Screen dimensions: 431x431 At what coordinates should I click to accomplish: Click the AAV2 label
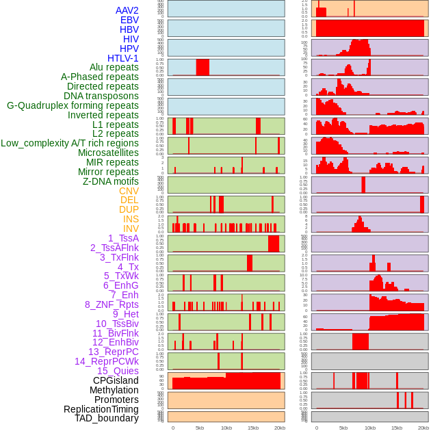tap(127, 10)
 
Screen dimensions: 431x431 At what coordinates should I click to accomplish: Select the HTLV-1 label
tap(122, 58)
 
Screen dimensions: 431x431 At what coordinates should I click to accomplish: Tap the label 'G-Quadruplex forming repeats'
tap(73, 105)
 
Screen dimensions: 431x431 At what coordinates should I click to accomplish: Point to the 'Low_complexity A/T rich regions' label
tap(70, 143)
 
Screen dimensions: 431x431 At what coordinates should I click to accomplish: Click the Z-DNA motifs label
tap(111, 181)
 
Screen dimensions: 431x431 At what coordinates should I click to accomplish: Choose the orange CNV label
tap(129, 191)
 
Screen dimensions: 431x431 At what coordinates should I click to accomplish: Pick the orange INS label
tap(131, 219)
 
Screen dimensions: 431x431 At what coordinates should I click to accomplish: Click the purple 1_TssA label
tap(123, 238)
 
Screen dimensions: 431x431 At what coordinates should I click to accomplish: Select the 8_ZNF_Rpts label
tap(112, 304)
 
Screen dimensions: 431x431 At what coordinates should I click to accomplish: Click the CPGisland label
tap(116, 380)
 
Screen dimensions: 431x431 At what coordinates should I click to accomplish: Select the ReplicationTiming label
tap(101, 409)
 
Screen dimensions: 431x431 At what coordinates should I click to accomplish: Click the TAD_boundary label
tap(107, 418)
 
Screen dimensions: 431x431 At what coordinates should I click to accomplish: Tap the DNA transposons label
tap(101, 96)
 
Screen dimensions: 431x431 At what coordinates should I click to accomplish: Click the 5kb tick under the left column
tap(200, 428)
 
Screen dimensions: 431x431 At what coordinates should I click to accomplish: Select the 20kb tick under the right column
tap(423, 428)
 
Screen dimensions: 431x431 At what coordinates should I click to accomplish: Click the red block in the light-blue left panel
tap(203, 67)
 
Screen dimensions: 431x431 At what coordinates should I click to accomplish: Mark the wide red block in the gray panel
tap(361, 341)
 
